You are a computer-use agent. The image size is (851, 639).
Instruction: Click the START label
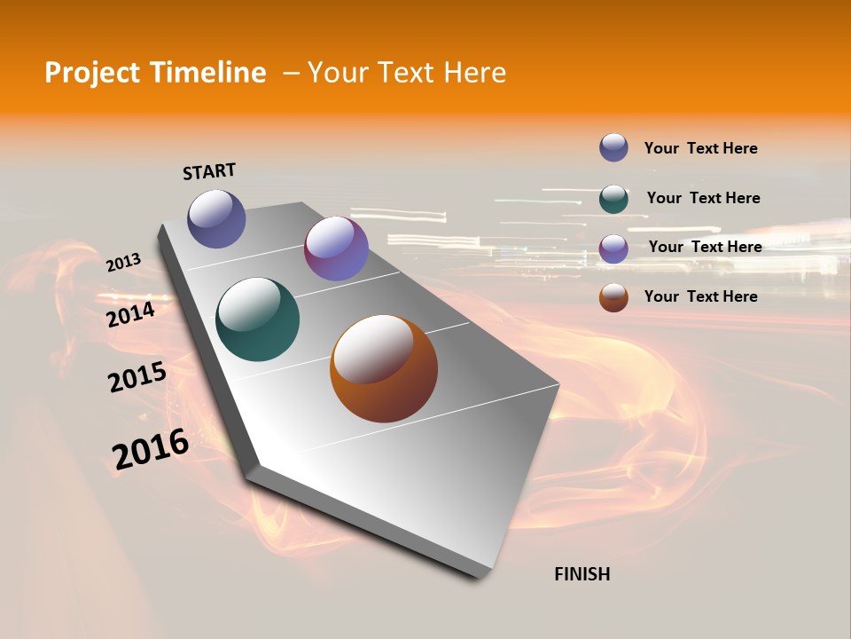coord(209,171)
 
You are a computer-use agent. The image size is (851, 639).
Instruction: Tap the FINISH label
coord(582,574)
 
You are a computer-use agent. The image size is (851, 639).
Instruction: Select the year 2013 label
coord(123,263)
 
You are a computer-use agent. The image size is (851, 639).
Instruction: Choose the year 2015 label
coord(137,377)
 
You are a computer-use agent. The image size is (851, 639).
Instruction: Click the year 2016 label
coord(151,449)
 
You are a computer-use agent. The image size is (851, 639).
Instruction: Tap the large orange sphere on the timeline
coord(384,368)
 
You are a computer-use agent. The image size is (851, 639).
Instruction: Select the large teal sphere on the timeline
coord(257,319)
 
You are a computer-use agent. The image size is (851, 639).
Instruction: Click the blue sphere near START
coord(216,218)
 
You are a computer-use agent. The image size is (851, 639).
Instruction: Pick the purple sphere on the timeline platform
coord(336,248)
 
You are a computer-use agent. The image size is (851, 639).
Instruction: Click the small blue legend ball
coord(613,147)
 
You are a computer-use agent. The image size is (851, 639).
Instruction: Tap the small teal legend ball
coord(613,199)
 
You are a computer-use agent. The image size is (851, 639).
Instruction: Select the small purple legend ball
coord(613,248)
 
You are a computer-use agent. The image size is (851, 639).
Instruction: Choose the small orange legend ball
coord(613,297)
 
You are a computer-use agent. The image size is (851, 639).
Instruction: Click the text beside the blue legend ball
coord(700,148)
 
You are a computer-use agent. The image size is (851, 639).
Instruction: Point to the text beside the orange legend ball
coord(700,296)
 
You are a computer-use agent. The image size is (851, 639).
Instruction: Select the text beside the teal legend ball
coord(703,198)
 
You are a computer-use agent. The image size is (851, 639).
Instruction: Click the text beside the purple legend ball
coord(705,247)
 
